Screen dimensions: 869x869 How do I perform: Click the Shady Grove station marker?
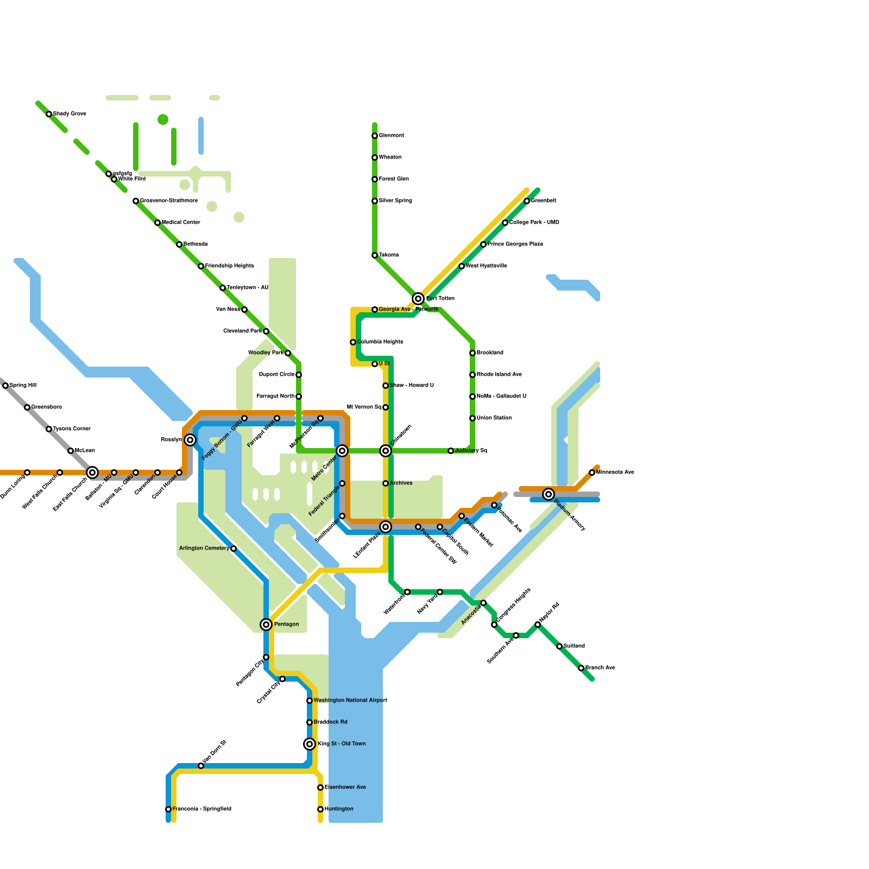(x=49, y=114)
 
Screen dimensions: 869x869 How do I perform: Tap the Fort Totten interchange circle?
(x=418, y=299)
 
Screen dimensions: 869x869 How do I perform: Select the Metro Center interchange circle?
(x=342, y=451)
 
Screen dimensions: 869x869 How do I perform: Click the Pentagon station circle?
(x=266, y=625)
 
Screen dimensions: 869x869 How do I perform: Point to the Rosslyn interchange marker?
(x=190, y=440)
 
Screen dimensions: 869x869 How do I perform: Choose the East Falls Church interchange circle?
(x=92, y=473)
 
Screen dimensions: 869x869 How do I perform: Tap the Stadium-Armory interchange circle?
(x=549, y=494)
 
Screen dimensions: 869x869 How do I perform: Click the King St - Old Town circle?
(x=310, y=744)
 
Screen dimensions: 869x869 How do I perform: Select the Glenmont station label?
(x=392, y=136)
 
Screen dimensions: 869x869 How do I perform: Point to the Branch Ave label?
(x=600, y=668)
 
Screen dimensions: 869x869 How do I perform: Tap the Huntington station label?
(x=339, y=809)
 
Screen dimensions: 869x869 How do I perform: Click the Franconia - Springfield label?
(x=202, y=809)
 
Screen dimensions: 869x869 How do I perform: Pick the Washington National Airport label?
(x=350, y=701)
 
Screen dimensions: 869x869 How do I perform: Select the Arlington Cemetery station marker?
(x=234, y=549)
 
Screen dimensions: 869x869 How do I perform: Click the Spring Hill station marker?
(x=5, y=386)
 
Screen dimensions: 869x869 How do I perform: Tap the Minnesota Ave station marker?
(x=592, y=473)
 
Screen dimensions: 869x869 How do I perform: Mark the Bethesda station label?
(x=196, y=244)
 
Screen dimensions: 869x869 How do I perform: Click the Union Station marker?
(x=473, y=418)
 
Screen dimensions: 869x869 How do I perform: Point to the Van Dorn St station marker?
(x=201, y=766)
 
